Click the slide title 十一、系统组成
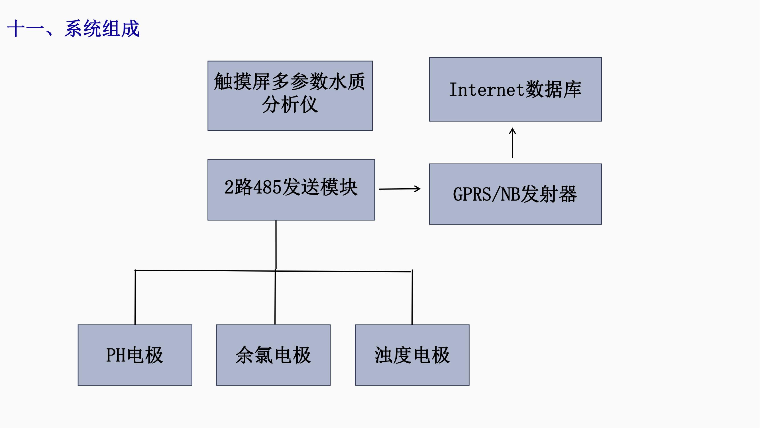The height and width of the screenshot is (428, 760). point(73,29)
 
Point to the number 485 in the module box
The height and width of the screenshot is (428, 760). point(267,187)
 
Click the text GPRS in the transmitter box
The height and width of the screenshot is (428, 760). point(471,194)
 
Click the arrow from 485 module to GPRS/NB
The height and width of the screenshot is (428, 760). point(400,189)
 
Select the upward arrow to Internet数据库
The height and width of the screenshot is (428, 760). point(512,143)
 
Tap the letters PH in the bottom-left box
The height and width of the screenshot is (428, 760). point(116,355)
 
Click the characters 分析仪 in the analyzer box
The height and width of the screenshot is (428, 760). point(290,104)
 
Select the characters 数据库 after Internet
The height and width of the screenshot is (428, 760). point(553,90)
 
